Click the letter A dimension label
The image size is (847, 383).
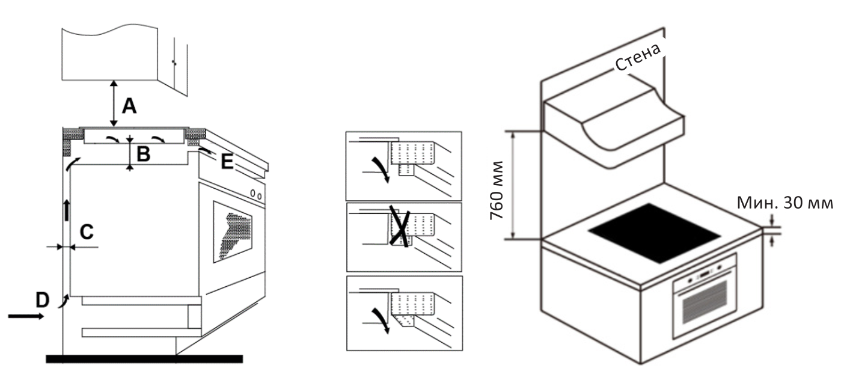pyautogui.click(x=129, y=106)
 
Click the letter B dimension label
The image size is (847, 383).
pyautogui.click(x=142, y=155)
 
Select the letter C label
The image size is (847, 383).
pyautogui.click(x=87, y=232)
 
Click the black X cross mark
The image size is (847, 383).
pyautogui.click(x=399, y=226)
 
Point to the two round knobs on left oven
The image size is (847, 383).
pyautogui.click(x=257, y=195)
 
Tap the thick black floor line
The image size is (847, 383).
pyautogui.click(x=144, y=359)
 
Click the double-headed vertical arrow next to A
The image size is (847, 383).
pyautogui.click(x=114, y=103)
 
